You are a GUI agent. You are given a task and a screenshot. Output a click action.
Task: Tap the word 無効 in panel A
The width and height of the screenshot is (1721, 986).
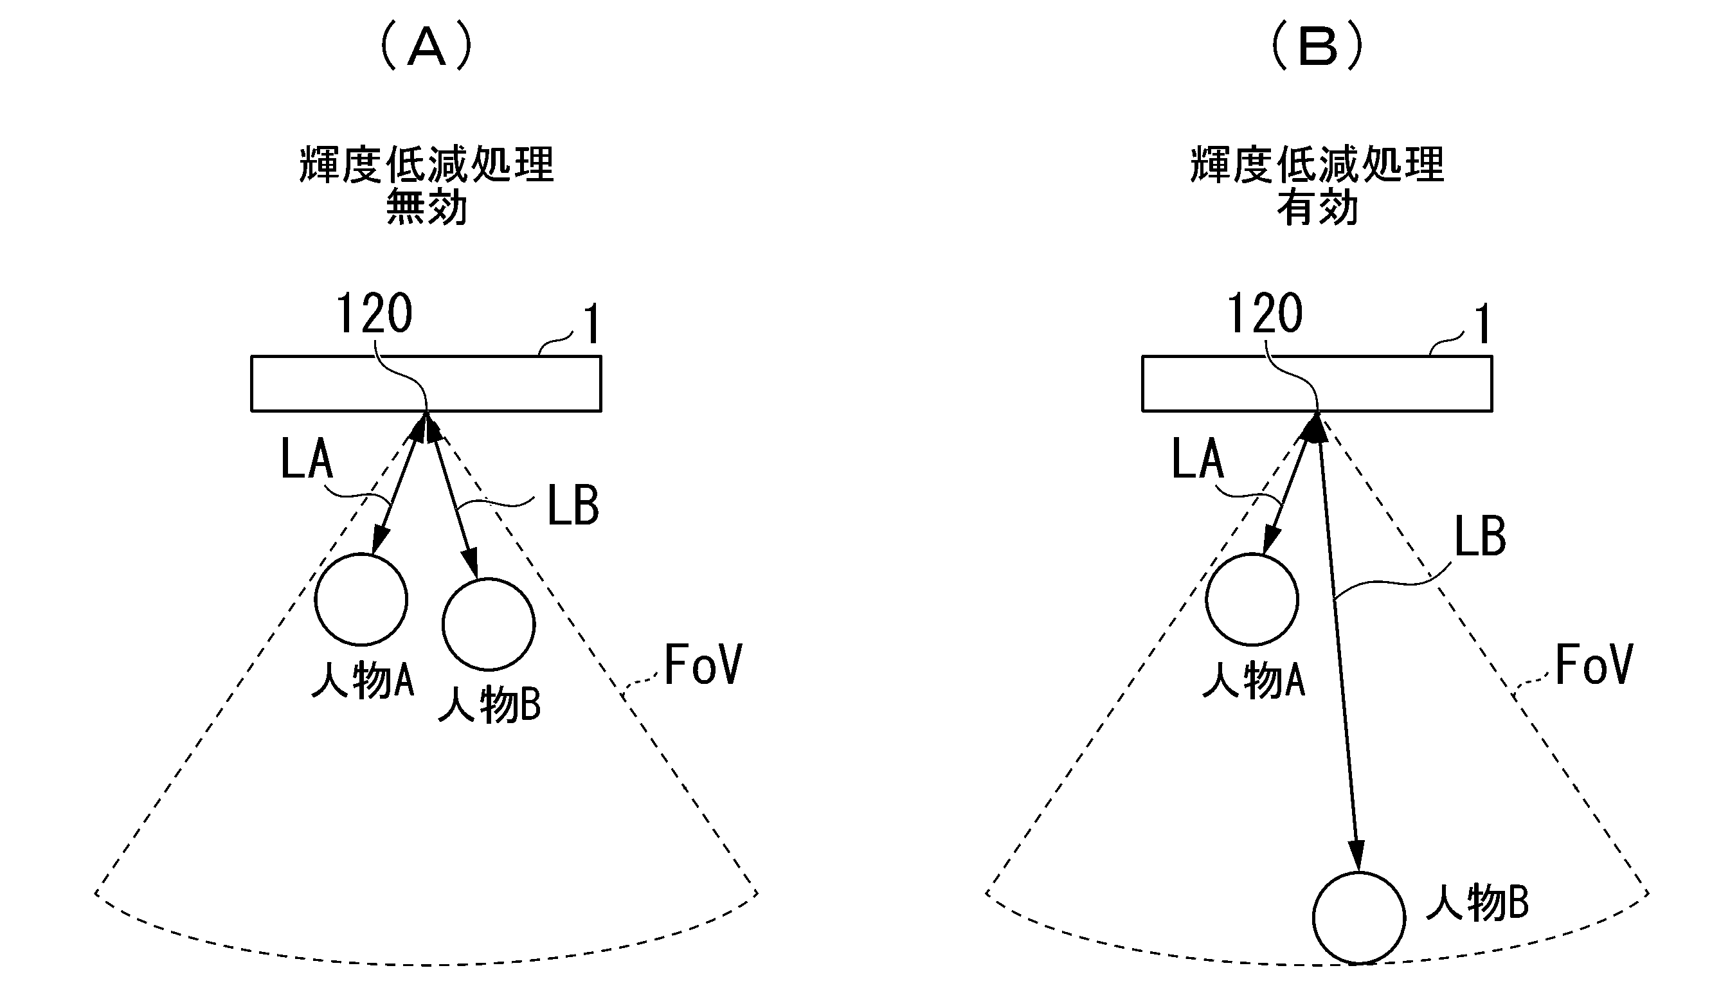[x=427, y=207]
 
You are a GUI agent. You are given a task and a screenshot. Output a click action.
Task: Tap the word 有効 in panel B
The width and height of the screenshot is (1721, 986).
[x=1318, y=207]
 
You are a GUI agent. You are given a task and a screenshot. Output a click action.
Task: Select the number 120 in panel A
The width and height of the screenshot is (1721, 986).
[x=375, y=313]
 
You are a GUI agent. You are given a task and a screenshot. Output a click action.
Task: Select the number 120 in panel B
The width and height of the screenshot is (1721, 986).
[x=1265, y=313]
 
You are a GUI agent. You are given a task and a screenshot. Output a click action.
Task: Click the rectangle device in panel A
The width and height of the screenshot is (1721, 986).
[x=426, y=383]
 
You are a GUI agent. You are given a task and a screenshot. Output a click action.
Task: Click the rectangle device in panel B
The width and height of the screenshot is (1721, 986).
[x=1317, y=383]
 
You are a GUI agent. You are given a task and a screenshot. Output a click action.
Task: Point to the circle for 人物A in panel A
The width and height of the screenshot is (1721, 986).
[x=361, y=599]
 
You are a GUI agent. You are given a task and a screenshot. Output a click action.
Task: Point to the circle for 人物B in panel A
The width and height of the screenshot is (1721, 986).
[x=489, y=624]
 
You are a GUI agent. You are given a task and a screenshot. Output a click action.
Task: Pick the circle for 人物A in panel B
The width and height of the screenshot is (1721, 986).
[x=1252, y=599]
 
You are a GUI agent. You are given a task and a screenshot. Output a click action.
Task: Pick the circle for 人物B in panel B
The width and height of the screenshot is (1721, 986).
[x=1358, y=918]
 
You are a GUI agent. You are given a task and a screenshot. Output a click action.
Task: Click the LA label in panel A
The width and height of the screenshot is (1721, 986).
[x=307, y=458]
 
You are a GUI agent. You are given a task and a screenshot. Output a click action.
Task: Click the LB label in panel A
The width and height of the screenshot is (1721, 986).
[x=573, y=505]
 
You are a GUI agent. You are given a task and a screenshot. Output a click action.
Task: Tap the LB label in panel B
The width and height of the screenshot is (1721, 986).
[x=1480, y=535]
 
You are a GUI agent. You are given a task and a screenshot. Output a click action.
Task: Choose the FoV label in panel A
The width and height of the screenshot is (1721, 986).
[x=703, y=665]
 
